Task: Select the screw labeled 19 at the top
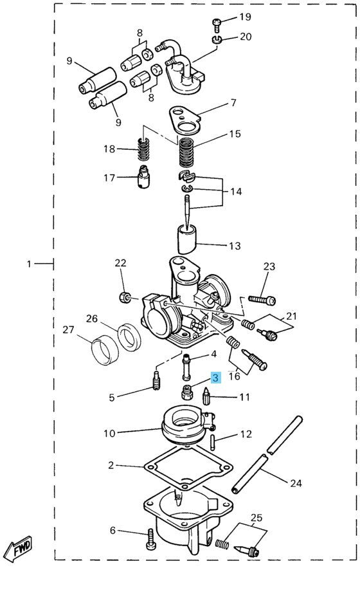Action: click(x=217, y=24)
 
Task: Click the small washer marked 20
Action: click(x=217, y=41)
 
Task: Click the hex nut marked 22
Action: click(x=126, y=297)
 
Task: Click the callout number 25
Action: click(x=256, y=517)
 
